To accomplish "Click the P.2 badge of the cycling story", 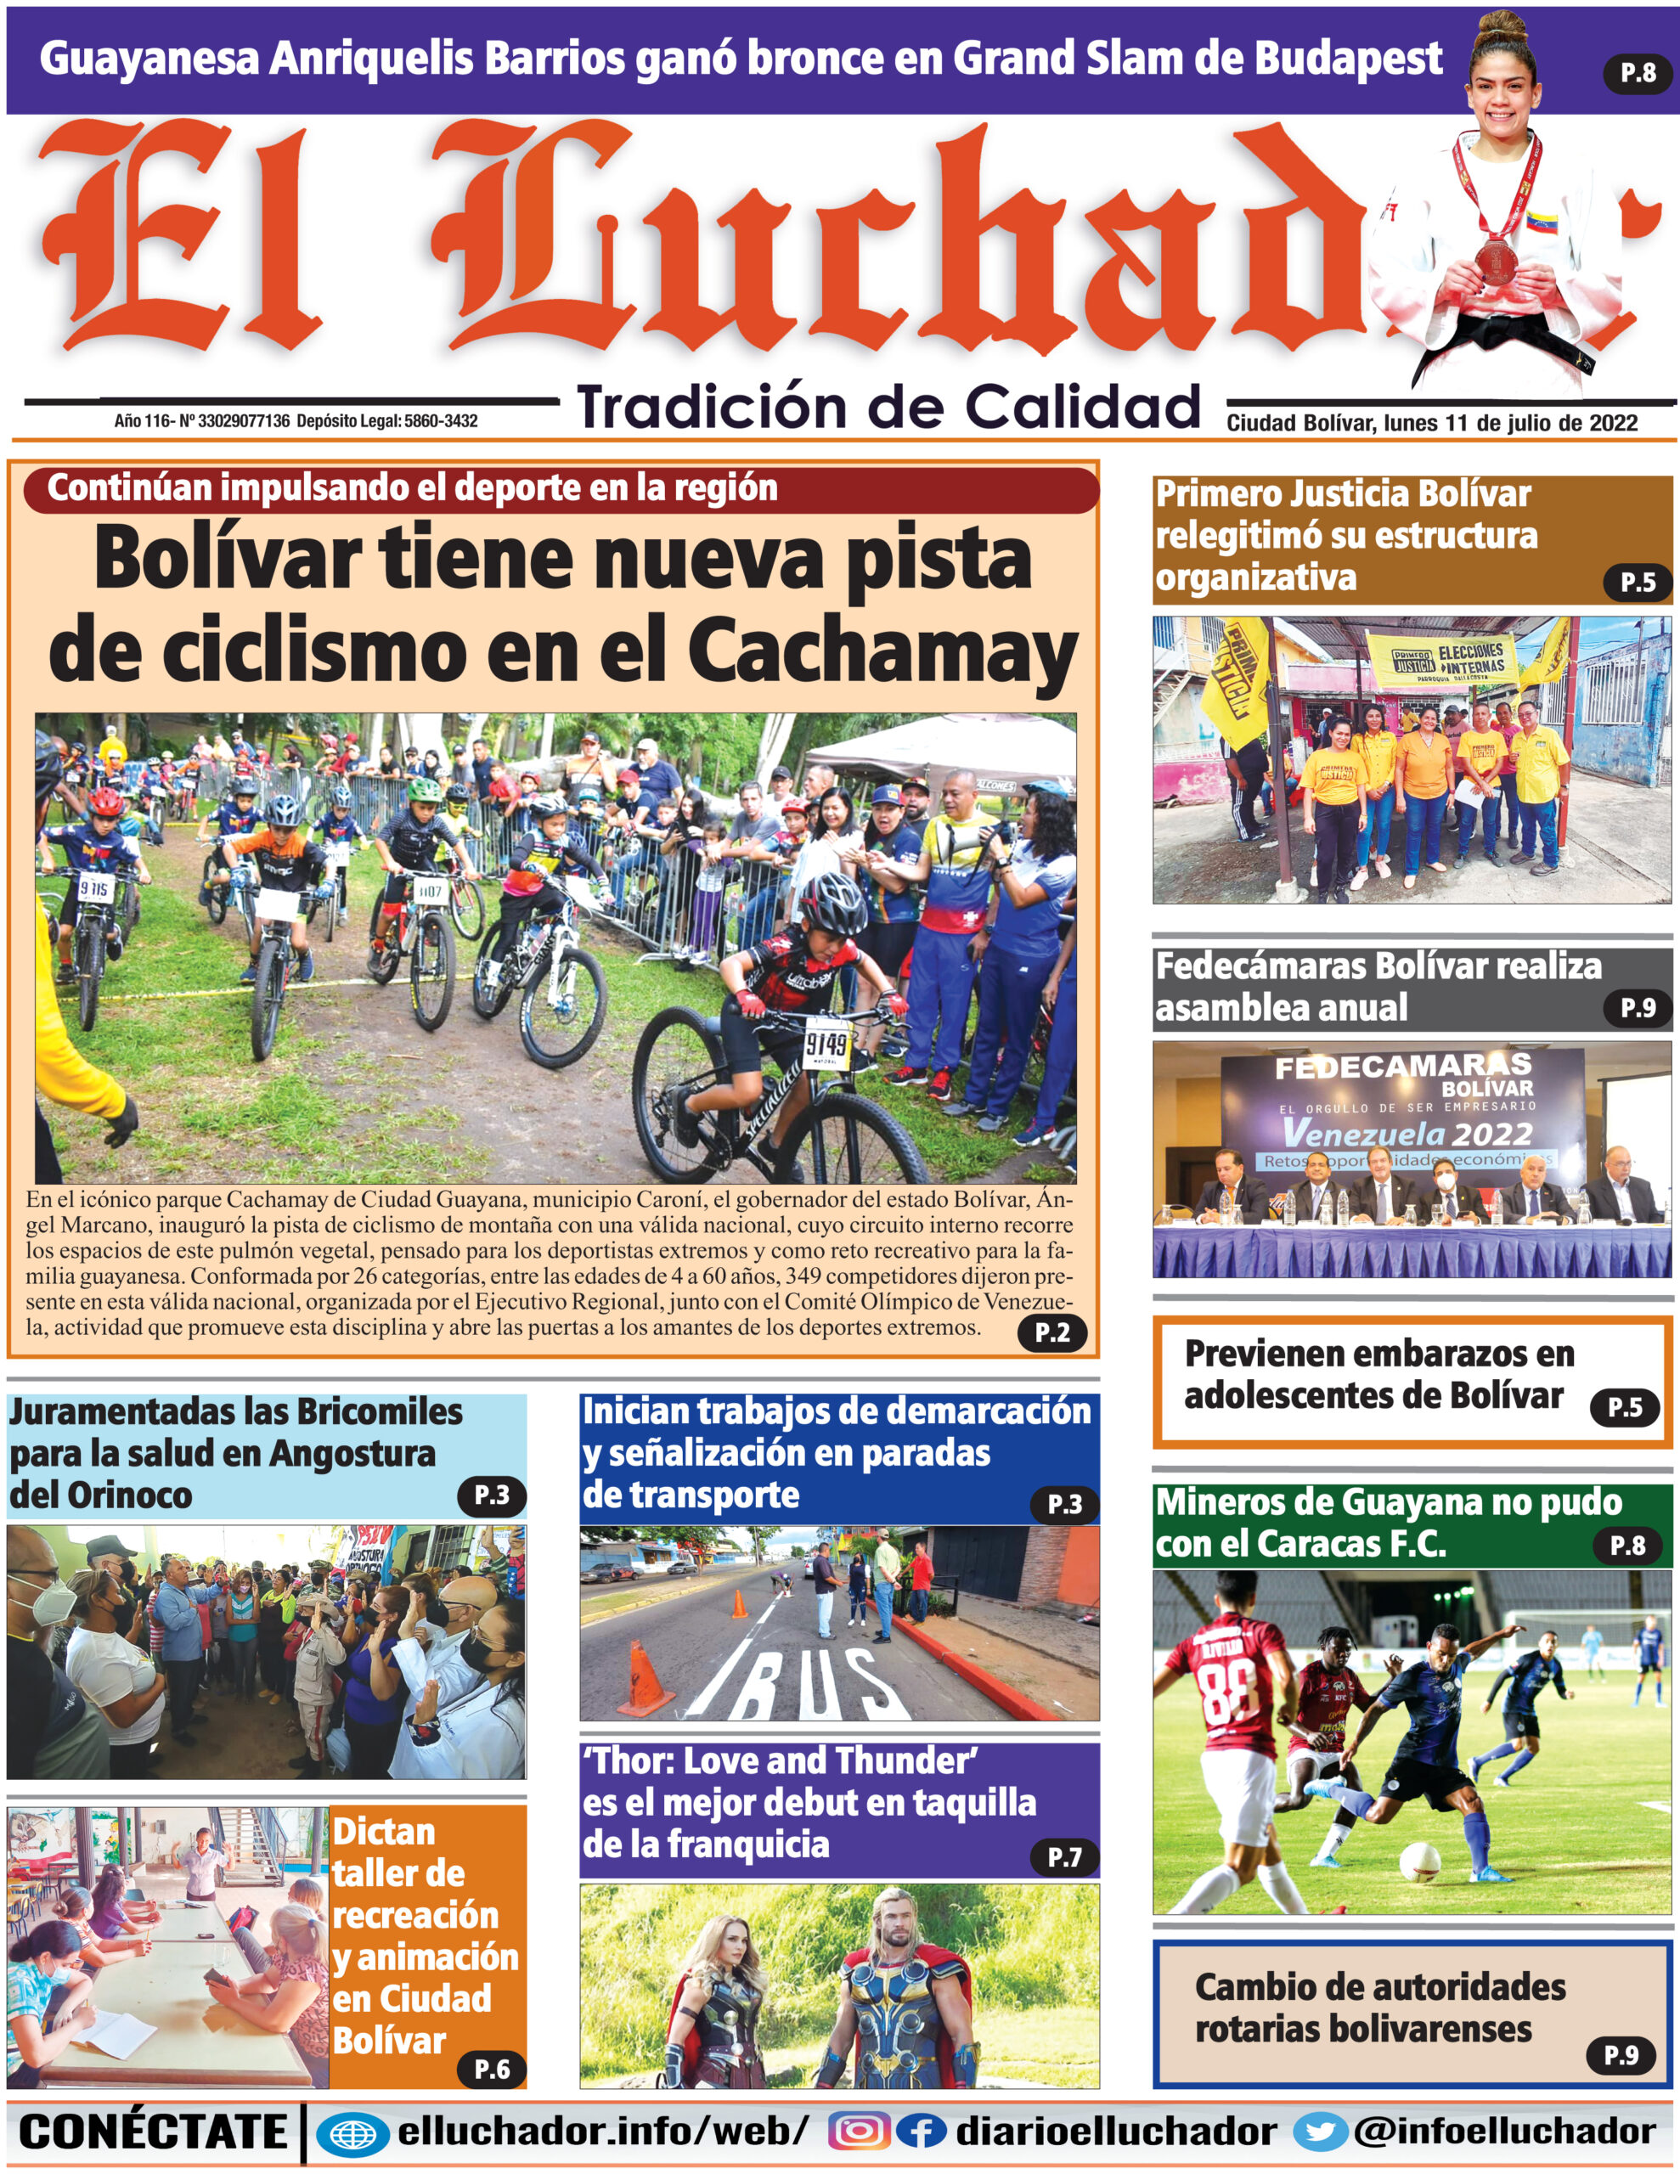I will pyautogui.click(x=1051, y=1332).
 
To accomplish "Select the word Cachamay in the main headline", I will pyautogui.click(x=882, y=652).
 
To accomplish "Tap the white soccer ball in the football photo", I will pyautogui.click(x=1420, y=1860).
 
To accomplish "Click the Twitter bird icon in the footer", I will pyautogui.click(x=1321, y=2132).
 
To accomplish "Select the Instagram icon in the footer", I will pyautogui.click(x=859, y=2132).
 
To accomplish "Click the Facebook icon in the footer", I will pyautogui.click(x=920, y=2132).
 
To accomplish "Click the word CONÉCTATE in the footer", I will pyautogui.click(x=152, y=2132).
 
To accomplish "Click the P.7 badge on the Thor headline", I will pyautogui.click(x=1063, y=1856).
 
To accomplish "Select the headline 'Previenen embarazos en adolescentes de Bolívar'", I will pyautogui.click(x=1378, y=1375).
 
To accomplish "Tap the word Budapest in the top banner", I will pyautogui.click(x=1349, y=59).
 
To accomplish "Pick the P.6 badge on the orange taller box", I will pyautogui.click(x=491, y=2070).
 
